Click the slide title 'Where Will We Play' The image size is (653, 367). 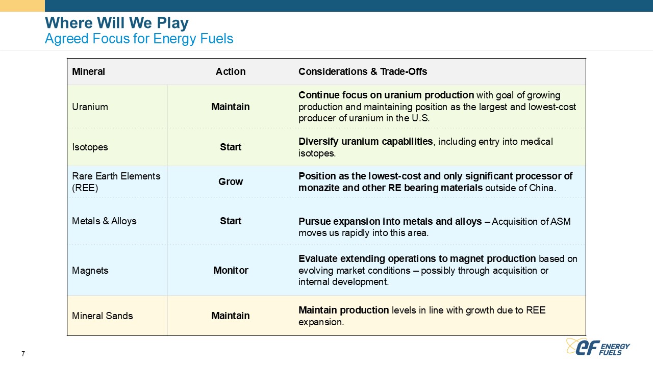coord(117,23)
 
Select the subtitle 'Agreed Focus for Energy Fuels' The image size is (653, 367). coord(139,39)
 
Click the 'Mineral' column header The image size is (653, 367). coord(88,72)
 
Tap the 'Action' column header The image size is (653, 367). coord(231,72)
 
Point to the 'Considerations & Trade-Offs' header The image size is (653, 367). coord(363,72)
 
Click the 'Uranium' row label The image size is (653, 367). coord(90,107)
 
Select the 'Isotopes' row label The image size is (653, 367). coord(90,147)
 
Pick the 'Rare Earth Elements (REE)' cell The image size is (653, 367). coord(116,182)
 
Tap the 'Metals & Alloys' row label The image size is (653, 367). coord(104,221)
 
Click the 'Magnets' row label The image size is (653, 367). coord(90,271)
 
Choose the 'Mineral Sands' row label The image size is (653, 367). coord(103,316)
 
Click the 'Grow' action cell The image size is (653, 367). coord(231,182)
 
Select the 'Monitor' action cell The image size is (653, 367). coord(231,270)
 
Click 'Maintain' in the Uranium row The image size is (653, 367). coord(231,107)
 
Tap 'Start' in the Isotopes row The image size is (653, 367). coord(231,147)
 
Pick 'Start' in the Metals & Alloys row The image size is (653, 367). coord(231,221)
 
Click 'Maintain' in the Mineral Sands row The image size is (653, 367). coord(231,316)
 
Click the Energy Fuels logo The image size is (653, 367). coord(597,347)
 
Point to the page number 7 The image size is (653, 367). coord(23,354)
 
